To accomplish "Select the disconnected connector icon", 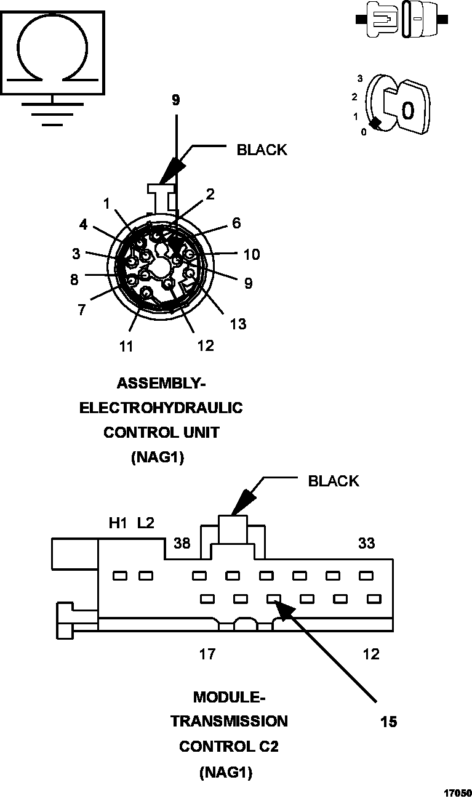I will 400,20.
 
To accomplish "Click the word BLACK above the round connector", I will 262,150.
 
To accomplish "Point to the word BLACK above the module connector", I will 333,481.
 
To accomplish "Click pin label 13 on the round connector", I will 238,324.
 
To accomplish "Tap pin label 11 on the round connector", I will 126,347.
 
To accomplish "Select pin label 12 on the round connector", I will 206,346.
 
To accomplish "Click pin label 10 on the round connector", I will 251,254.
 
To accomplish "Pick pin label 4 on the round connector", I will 84,225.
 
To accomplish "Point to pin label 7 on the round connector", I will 81,309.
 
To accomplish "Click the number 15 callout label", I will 389,722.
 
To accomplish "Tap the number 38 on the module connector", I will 183,544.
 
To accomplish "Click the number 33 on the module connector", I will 367,544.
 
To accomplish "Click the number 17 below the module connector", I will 207,654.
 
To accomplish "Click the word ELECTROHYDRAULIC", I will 161,408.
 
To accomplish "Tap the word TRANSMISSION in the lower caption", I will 229,721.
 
